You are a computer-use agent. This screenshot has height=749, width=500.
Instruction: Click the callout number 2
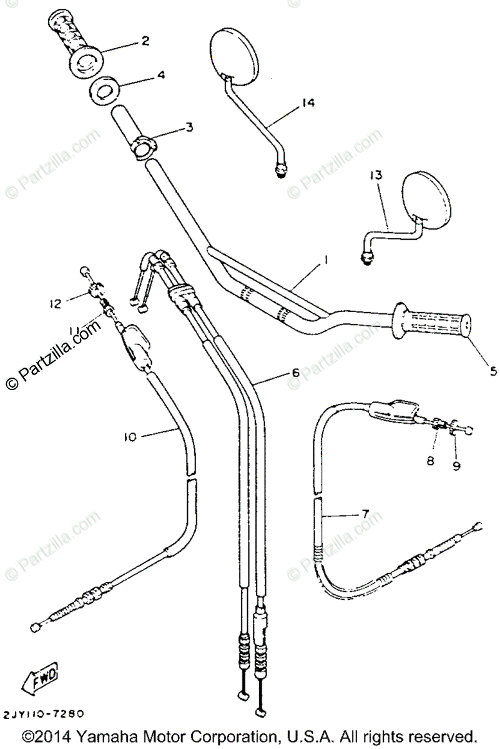(x=145, y=41)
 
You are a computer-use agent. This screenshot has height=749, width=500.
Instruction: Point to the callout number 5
(x=493, y=371)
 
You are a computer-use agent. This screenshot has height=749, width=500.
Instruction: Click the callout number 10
(x=129, y=438)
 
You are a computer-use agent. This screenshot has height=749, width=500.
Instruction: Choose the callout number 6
(x=295, y=373)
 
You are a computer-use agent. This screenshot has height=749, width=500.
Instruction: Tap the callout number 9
(x=457, y=465)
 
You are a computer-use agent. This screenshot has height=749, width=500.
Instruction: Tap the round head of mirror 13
(x=426, y=198)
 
